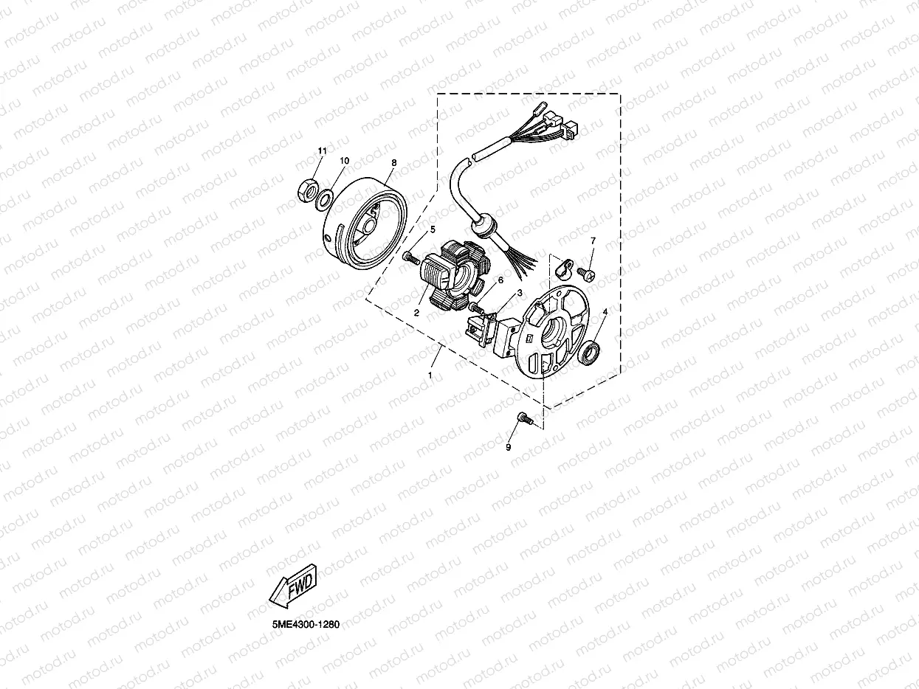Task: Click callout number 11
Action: point(322,151)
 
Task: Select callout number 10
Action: point(344,160)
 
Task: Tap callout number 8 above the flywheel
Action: point(394,162)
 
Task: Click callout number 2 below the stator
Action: point(416,313)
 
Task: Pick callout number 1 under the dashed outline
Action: point(430,375)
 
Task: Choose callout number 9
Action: point(508,447)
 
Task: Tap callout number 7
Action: point(592,241)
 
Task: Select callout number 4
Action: point(605,312)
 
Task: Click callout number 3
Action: point(520,293)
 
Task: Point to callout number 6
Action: point(500,280)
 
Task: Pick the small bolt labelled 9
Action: point(523,419)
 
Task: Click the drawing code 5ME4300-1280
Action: point(305,624)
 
